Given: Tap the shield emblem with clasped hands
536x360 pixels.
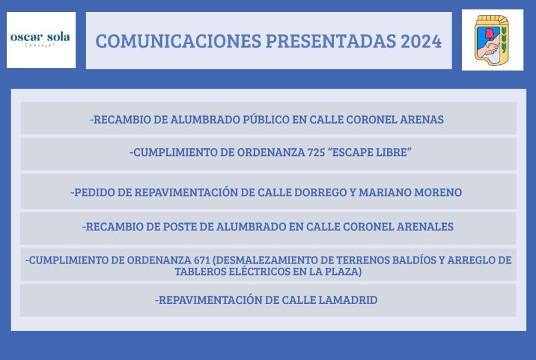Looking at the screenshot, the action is click(492, 40).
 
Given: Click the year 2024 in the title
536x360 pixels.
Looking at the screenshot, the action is click(421, 41).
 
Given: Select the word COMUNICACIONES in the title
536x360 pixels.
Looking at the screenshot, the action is click(178, 41).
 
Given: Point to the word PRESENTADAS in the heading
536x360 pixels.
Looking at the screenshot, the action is click(331, 41).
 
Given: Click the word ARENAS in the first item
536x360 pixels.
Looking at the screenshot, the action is click(422, 120).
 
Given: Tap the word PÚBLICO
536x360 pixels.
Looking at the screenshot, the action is click(266, 119).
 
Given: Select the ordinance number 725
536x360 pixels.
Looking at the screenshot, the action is click(316, 152).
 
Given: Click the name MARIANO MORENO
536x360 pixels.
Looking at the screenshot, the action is click(410, 193).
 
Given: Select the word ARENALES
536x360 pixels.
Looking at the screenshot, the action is click(425, 227).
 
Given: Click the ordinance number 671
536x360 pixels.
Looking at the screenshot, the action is click(202, 260).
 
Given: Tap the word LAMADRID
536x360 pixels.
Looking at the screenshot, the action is click(348, 300).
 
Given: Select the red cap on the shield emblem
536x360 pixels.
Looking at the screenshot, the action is click(489, 34).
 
